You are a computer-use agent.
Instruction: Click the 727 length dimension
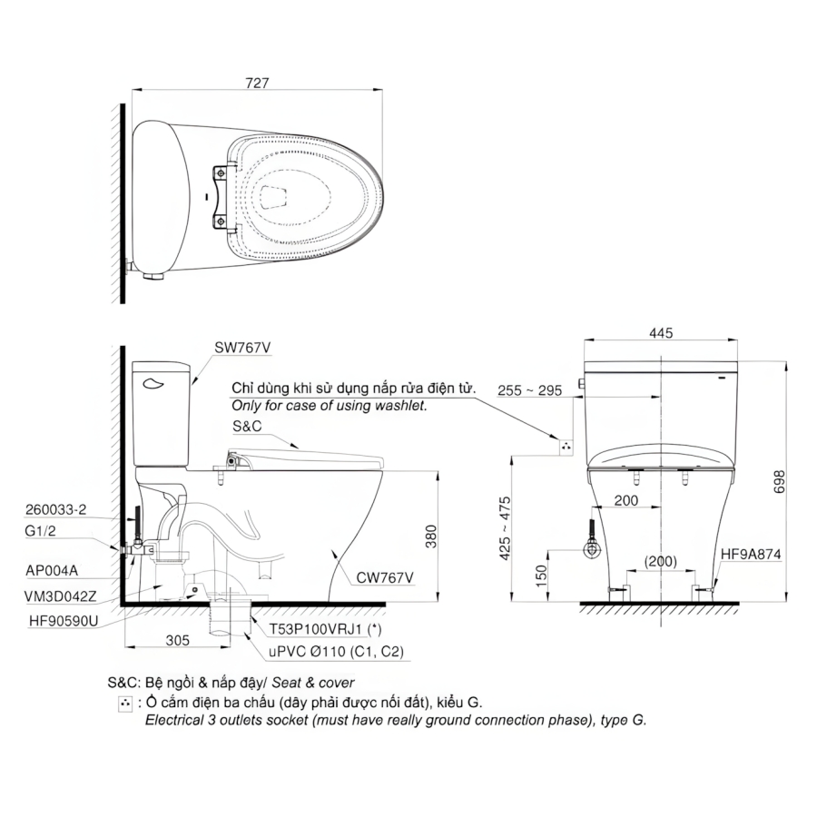(x=257, y=84)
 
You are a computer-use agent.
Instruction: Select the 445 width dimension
(x=661, y=333)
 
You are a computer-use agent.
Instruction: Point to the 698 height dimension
(x=779, y=481)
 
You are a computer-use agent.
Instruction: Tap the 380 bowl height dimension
(x=431, y=536)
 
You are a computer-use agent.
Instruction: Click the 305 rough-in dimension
(x=178, y=640)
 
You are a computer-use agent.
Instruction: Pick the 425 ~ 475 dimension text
(x=505, y=528)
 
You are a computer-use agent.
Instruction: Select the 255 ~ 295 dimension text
(x=529, y=390)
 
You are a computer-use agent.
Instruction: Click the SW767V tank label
(x=242, y=348)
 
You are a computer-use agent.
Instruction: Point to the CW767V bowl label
(x=385, y=577)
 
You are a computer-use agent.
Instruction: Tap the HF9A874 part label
(x=751, y=555)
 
